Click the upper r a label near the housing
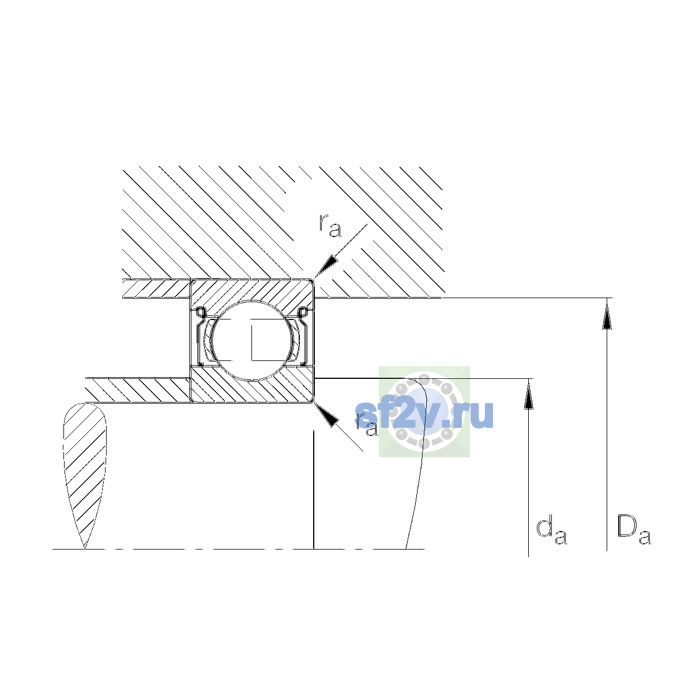click(x=330, y=225)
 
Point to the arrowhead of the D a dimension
click(x=607, y=314)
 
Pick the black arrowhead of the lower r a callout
click(x=326, y=415)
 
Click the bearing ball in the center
click(x=253, y=340)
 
